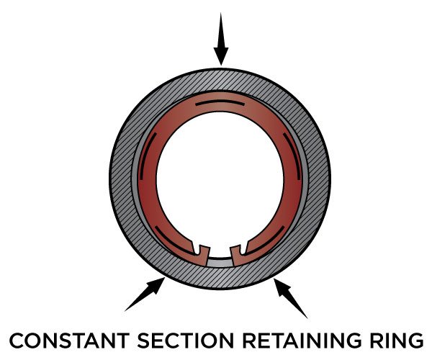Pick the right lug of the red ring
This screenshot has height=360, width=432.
click(236, 250)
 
